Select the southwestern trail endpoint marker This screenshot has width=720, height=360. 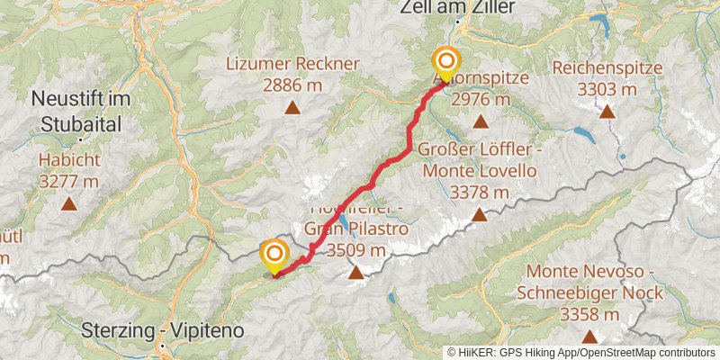click(274, 256)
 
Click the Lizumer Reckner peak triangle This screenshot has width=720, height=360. click(292, 108)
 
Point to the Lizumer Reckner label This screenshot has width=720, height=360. click(292, 64)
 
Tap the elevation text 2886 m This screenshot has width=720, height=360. click(292, 85)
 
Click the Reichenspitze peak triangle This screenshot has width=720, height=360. click(607, 112)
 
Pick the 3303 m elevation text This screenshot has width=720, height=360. click(607, 89)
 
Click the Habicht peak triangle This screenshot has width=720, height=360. click(69, 203)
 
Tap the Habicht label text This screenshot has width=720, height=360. click(68, 160)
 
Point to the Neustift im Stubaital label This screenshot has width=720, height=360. click(82, 108)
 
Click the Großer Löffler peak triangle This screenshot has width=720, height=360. click(480, 215)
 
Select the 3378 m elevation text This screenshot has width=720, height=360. click(480, 192)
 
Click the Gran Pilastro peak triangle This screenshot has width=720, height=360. click(356, 272)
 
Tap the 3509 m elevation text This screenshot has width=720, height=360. click(356, 250)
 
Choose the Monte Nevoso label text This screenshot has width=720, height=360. click(589, 271)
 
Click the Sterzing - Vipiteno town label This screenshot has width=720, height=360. click(162, 330)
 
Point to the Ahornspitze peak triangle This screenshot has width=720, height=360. click(480, 121)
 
